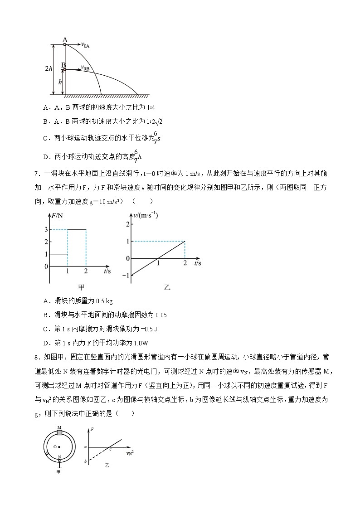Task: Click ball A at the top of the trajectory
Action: (x=65, y=44)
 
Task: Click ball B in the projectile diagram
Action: (x=64, y=70)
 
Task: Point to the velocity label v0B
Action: (x=85, y=68)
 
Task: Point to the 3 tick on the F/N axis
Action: (x=46, y=229)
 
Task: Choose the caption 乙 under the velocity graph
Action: (x=166, y=287)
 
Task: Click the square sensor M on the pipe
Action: (x=59, y=432)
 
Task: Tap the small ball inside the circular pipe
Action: (x=47, y=453)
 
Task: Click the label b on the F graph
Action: (x=85, y=461)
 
